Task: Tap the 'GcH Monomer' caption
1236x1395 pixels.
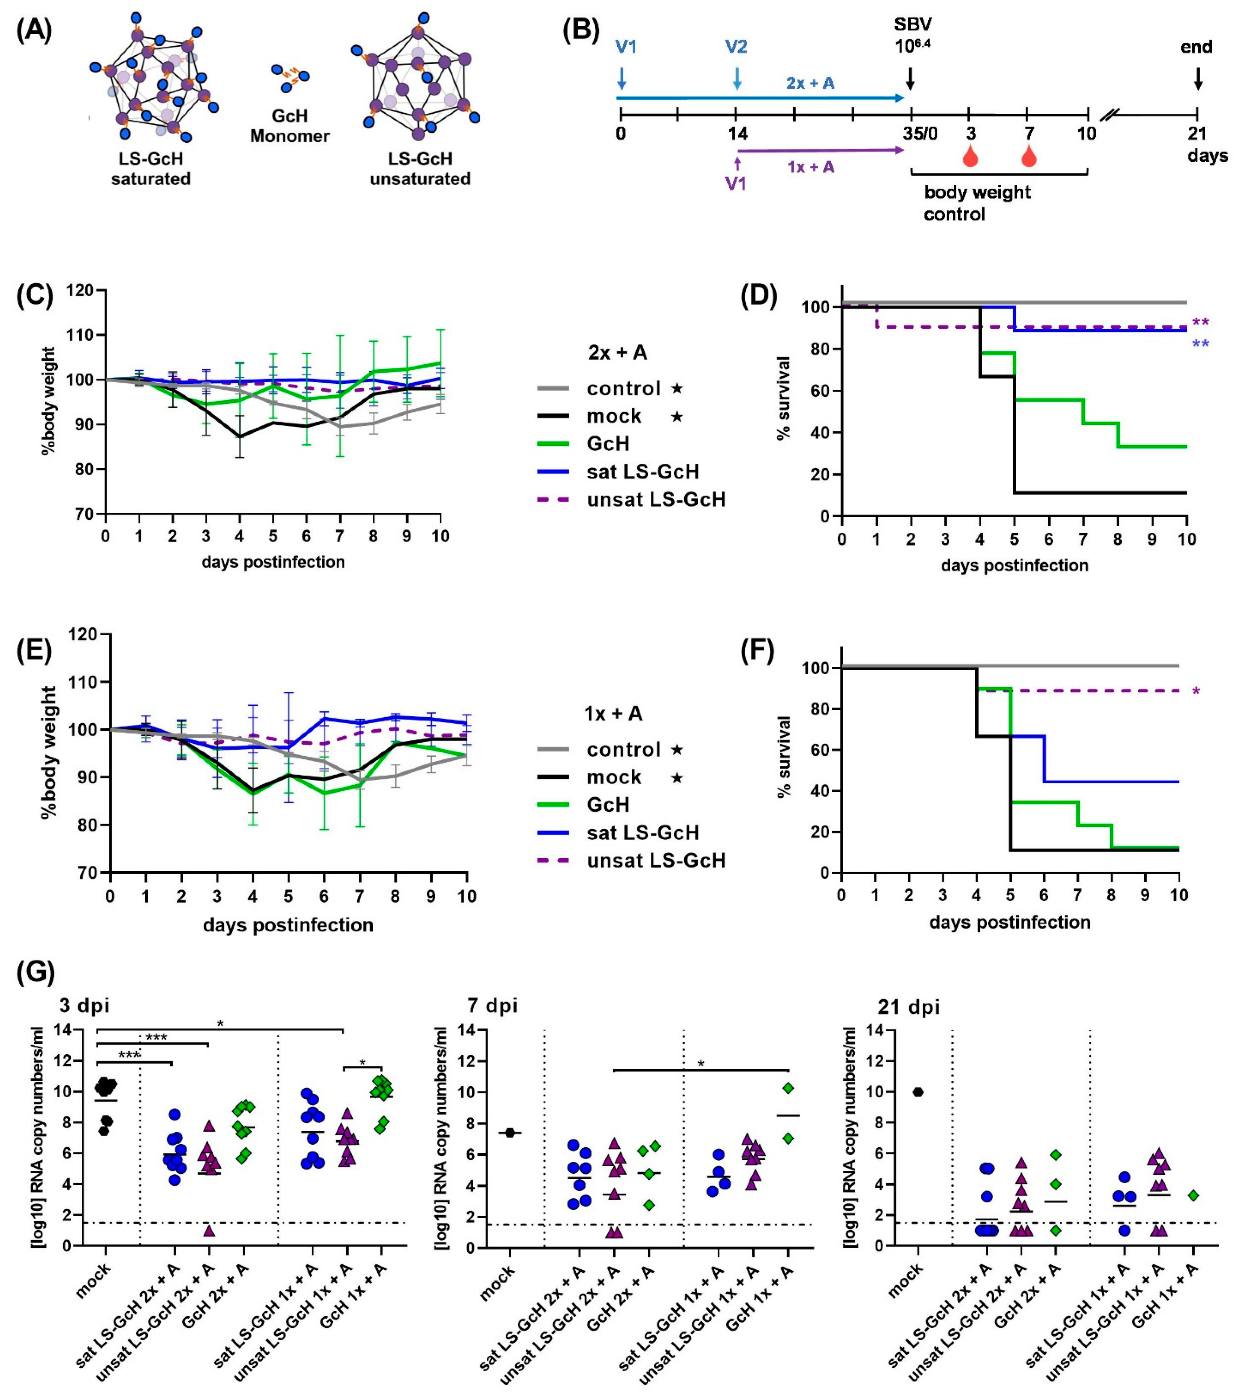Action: click(x=289, y=126)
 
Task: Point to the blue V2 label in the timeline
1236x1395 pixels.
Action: click(x=736, y=46)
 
